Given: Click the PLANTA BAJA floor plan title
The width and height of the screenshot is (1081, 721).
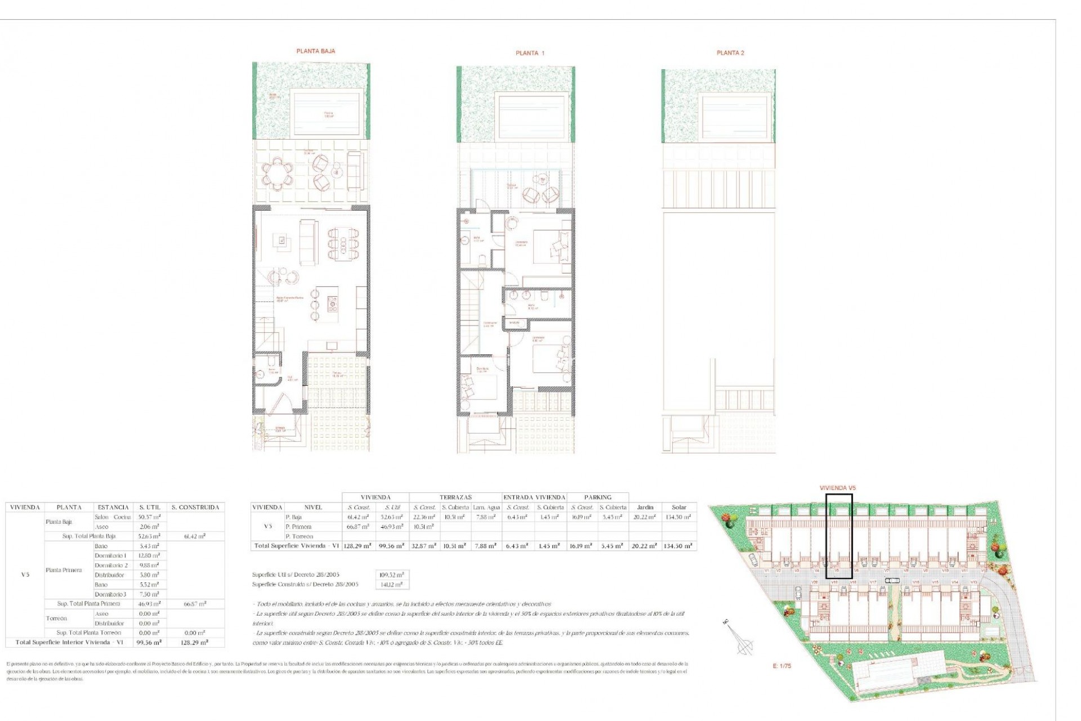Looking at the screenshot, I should pyautogui.click(x=316, y=51).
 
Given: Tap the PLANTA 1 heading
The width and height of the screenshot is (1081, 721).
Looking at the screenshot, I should pyautogui.click(x=530, y=54).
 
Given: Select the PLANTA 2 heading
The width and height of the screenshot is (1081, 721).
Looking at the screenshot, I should pyautogui.click(x=730, y=53).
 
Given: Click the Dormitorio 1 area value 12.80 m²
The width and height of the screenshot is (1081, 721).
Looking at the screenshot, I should pyautogui.click(x=149, y=556).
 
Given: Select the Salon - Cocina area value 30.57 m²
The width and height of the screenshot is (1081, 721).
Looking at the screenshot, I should pyautogui.click(x=149, y=517).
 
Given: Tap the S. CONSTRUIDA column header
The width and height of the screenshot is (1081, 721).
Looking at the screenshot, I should pyautogui.click(x=195, y=508).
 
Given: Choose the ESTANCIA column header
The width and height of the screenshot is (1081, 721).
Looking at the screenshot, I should pyautogui.click(x=113, y=508).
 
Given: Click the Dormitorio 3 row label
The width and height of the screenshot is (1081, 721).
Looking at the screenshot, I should pyautogui.click(x=110, y=594).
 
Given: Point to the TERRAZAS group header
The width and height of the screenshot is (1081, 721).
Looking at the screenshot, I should pyautogui.click(x=455, y=497).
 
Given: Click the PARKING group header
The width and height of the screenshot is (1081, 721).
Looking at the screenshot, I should pyautogui.click(x=597, y=497).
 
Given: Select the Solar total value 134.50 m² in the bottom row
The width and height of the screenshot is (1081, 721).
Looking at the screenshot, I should pyautogui.click(x=678, y=546).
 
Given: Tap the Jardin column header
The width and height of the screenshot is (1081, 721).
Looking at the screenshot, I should pyautogui.click(x=645, y=508).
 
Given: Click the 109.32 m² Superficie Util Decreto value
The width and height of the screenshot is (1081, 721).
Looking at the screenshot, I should pyautogui.click(x=392, y=575).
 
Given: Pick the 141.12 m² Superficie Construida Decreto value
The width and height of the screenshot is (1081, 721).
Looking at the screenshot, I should pyautogui.click(x=392, y=585).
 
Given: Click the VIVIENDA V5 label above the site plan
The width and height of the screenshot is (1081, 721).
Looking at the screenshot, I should pyautogui.click(x=838, y=488).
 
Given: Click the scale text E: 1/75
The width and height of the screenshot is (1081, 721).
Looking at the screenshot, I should pyautogui.click(x=781, y=666).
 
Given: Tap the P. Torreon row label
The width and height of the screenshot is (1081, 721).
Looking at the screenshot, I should pyautogui.click(x=299, y=536).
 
